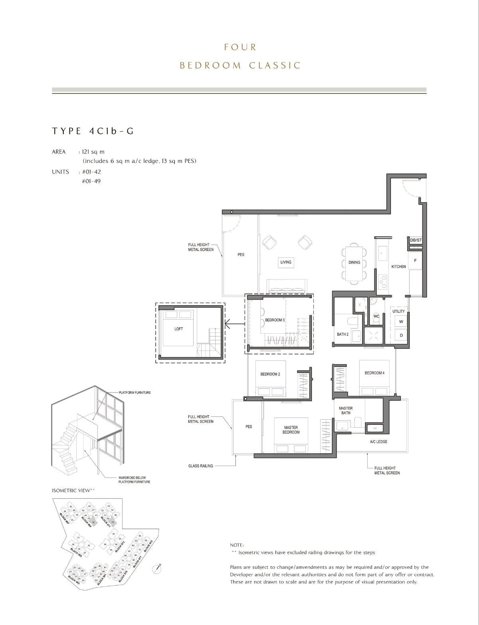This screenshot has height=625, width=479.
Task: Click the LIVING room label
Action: click(x=286, y=262)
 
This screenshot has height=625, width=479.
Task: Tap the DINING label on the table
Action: click(x=354, y=263)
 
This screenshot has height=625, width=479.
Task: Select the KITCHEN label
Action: click(x=398, y=267)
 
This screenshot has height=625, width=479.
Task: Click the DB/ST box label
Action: click(x=416, y=240)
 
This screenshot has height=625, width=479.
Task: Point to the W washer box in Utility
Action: click(x=401, y=322)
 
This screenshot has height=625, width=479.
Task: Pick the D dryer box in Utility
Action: click(x=401, y=336)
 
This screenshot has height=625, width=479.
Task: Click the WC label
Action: click(x=376, y=316)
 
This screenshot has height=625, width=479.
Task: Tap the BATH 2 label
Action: click(x=342, y=334)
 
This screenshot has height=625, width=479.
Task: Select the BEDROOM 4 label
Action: click(x=374, y=373)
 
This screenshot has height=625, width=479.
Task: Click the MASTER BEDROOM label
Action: click(x=291, y=430)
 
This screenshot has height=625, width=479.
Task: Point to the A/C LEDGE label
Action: click(x=378, y=442)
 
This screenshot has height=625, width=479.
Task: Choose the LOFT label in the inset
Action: click(x=178, y=329)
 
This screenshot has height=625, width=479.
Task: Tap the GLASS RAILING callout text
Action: click(x=200, y=466)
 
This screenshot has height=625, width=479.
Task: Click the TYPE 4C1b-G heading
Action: click(x=93, y=131)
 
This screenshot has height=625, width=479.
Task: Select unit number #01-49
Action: click(x=91, y=181)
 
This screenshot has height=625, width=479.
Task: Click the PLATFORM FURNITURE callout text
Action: click(x=135, y=392)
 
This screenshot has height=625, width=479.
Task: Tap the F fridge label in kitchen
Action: click(x=415, y=261)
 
